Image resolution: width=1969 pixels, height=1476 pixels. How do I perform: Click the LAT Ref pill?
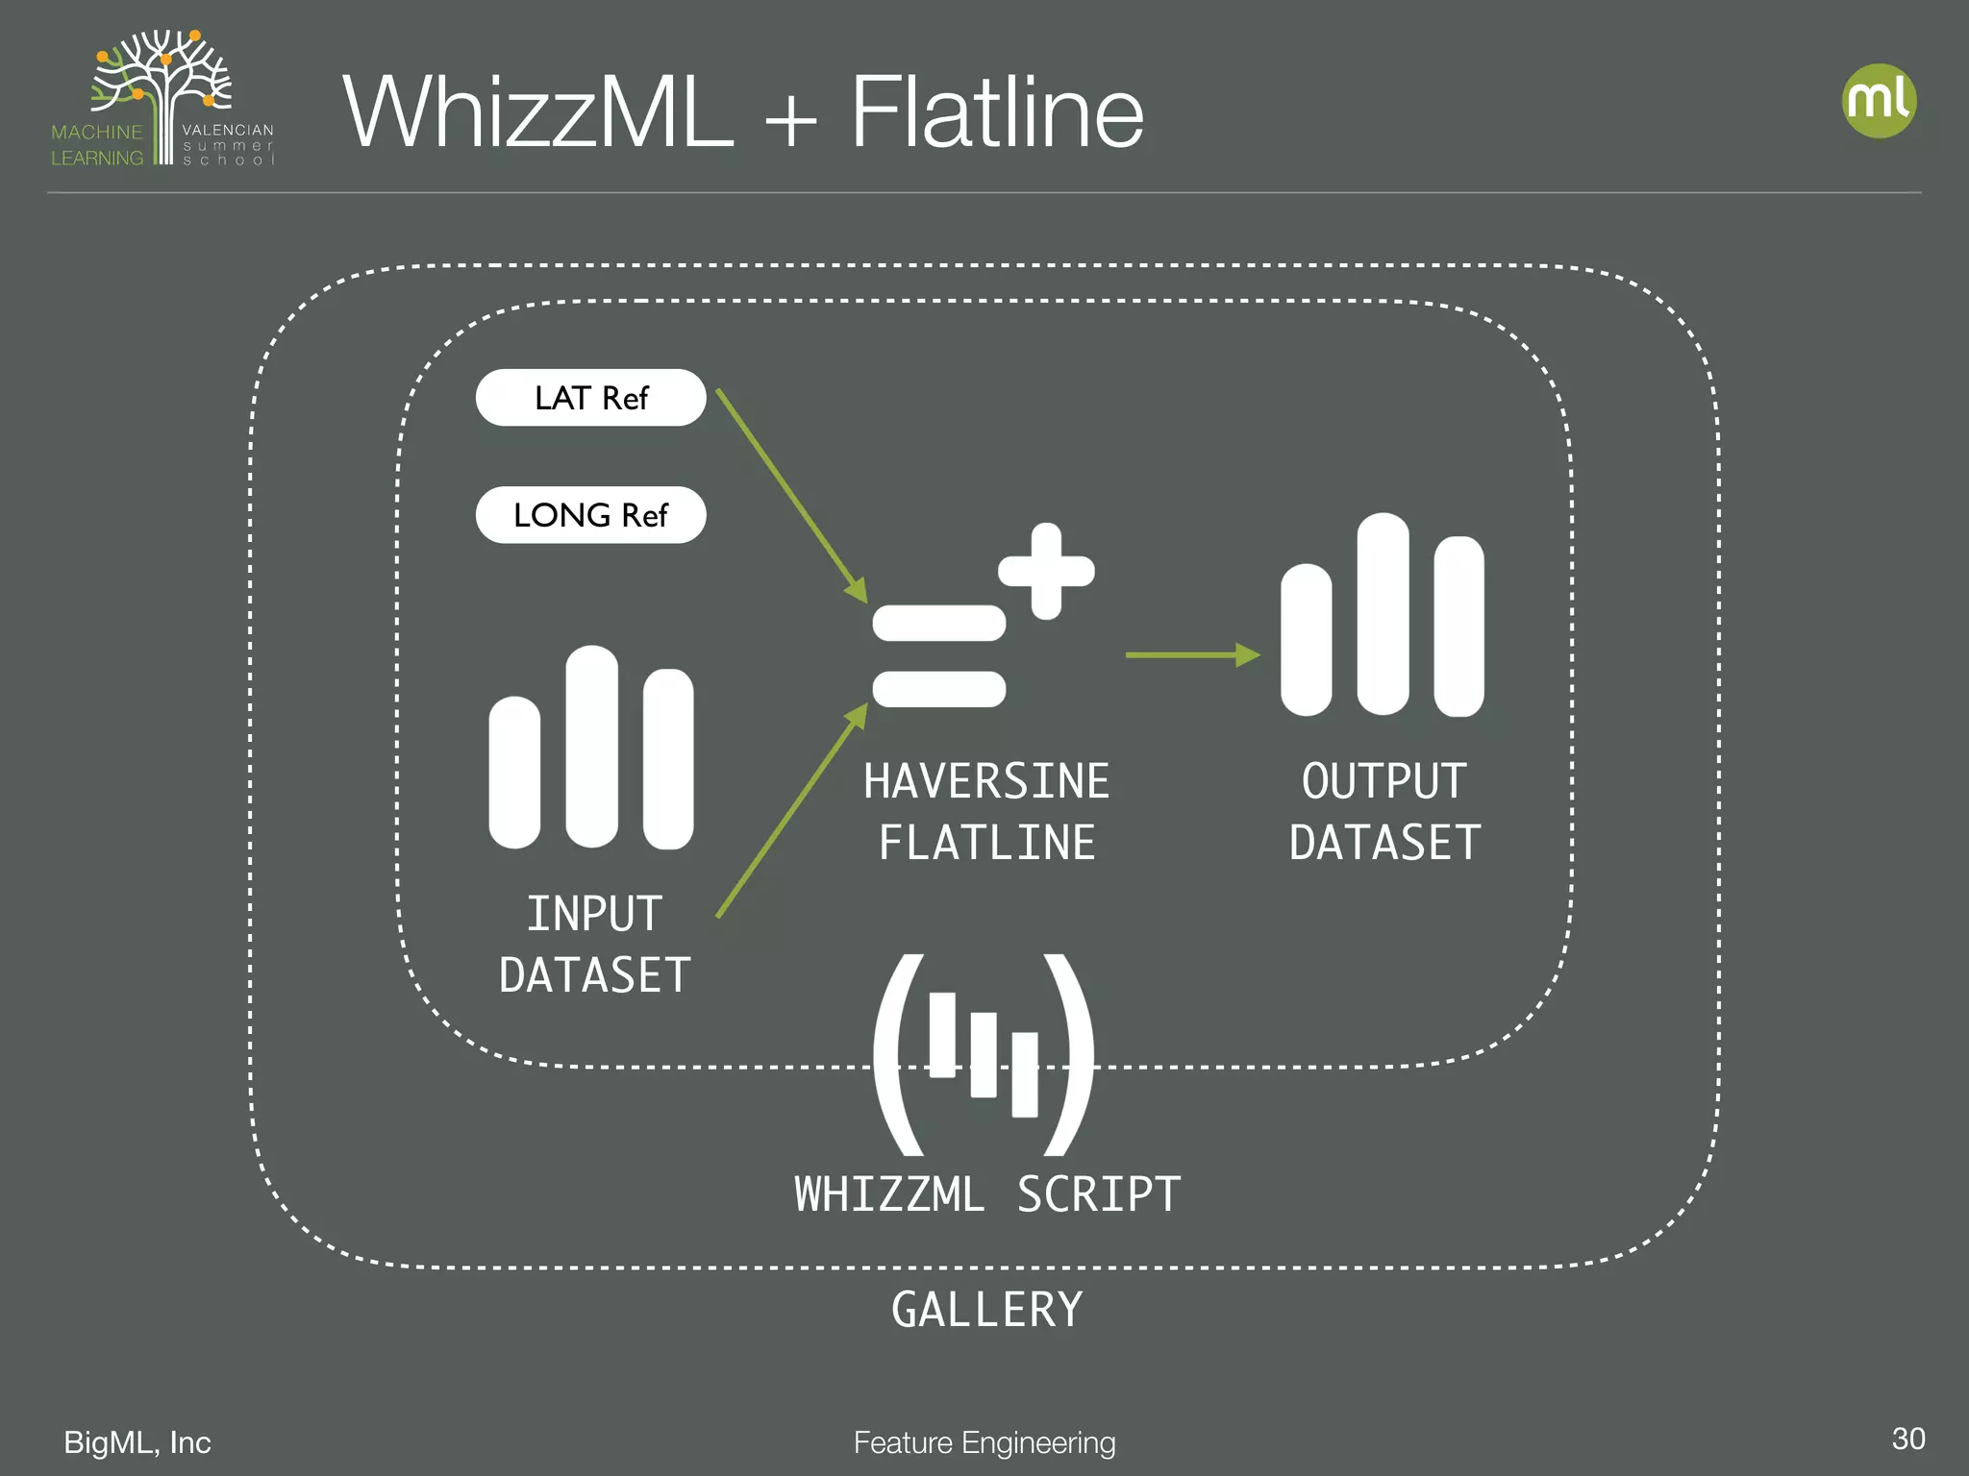(x=590, y=398)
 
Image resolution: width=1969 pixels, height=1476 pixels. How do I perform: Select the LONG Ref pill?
(x=590, y=515)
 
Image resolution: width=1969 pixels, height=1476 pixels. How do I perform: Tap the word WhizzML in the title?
(x=538, y=113)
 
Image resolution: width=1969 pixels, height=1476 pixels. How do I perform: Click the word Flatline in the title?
(x=997, y=113)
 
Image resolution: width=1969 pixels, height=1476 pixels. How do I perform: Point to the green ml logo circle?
(x=1879, y=101)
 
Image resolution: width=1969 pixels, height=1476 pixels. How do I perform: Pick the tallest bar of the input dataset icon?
(x=591, y=747)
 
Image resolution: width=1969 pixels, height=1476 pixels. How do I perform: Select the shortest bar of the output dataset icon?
(x=1306, y=640)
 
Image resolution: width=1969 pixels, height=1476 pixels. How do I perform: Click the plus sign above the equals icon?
(x=1046, y=571)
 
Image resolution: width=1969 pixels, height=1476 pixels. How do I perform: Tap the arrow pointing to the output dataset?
(x=1192, y=655)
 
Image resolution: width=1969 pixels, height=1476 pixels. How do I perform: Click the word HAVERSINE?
(x=985, y=781)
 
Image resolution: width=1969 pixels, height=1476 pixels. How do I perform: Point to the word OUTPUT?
(x=1383, y=781)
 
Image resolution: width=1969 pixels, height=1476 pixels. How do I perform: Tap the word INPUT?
(x=594, y=914)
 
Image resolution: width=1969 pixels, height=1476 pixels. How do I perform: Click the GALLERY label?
(x=986, y=1310)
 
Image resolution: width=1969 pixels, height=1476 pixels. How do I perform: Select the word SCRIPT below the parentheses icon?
(x=1099, y=1195)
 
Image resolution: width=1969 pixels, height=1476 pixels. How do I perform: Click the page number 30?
(x=1907, y=1439)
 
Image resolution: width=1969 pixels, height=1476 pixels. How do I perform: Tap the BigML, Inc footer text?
(x=137, y=1442)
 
